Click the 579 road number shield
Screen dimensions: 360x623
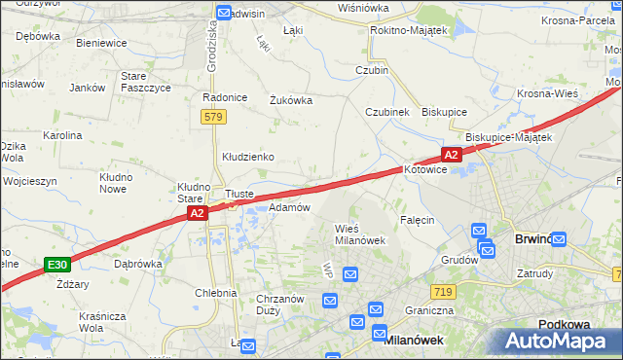214,117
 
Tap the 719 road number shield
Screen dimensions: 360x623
444,292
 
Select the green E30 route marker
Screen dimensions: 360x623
57,264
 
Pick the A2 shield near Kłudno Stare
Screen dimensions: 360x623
196,213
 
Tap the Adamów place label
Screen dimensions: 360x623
289,207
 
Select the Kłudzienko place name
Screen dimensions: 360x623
248,156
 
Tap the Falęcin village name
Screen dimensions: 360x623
416,220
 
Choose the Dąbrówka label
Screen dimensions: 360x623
137,263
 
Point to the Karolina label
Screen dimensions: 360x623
61,135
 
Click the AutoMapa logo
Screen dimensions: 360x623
555,342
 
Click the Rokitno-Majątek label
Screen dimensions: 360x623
408,31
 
